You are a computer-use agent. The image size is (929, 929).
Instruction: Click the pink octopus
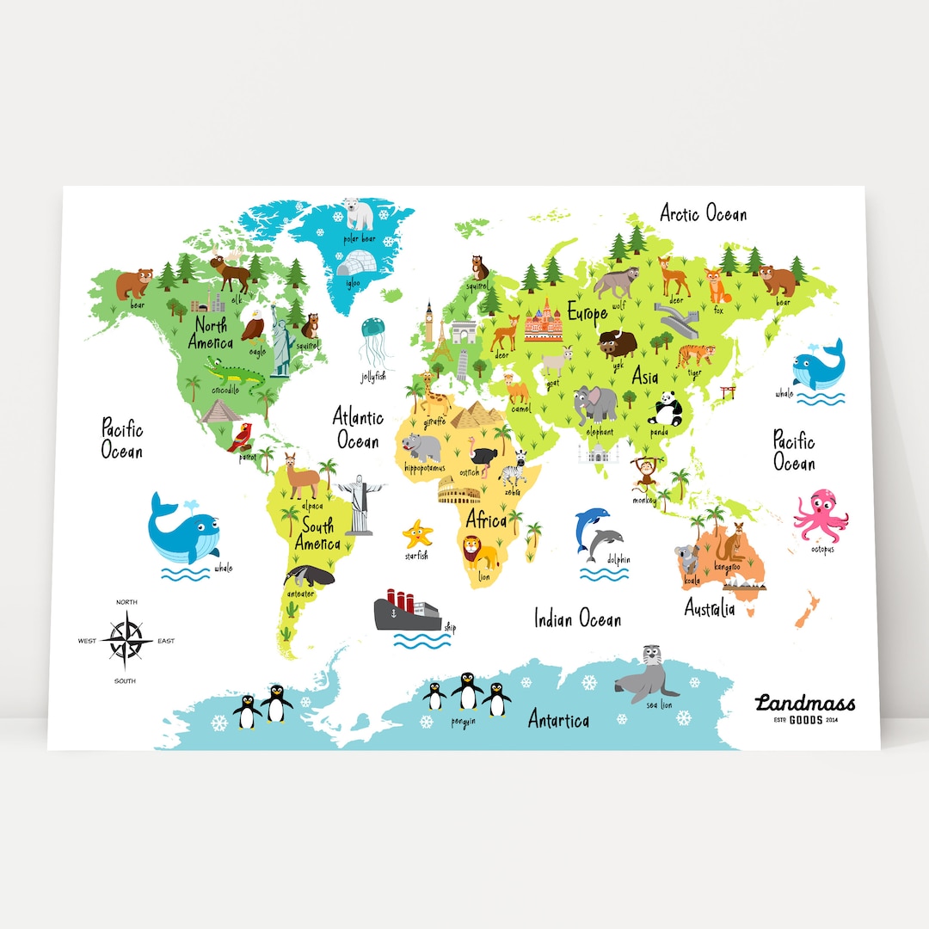pos(819,514)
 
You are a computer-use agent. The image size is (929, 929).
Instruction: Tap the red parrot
pos(242,435)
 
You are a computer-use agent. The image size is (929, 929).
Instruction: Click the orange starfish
pos(417,534)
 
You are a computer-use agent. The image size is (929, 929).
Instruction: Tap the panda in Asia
pos(669,407)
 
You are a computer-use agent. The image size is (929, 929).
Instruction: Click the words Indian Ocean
pos(577,618)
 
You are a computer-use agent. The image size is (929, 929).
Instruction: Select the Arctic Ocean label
pos(703,212)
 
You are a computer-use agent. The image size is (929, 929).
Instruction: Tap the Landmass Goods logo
pos(805,708)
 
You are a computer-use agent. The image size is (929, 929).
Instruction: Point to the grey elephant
pos(596,403)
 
